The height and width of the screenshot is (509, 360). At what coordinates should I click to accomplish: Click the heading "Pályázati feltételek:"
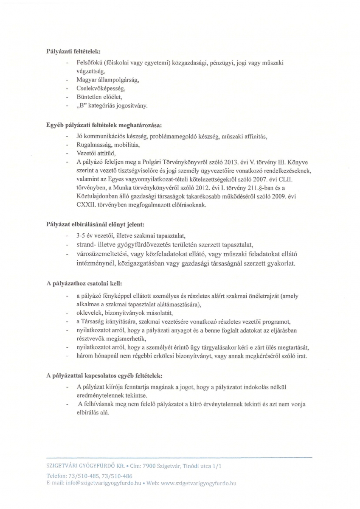click(x=73, y=51)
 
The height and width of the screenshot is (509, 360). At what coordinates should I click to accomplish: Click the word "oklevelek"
click(x=88, y=312)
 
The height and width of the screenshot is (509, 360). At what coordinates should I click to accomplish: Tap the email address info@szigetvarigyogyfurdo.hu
click(x=106, y=483)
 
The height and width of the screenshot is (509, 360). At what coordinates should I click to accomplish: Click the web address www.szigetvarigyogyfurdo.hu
click(x=198, y=483)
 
